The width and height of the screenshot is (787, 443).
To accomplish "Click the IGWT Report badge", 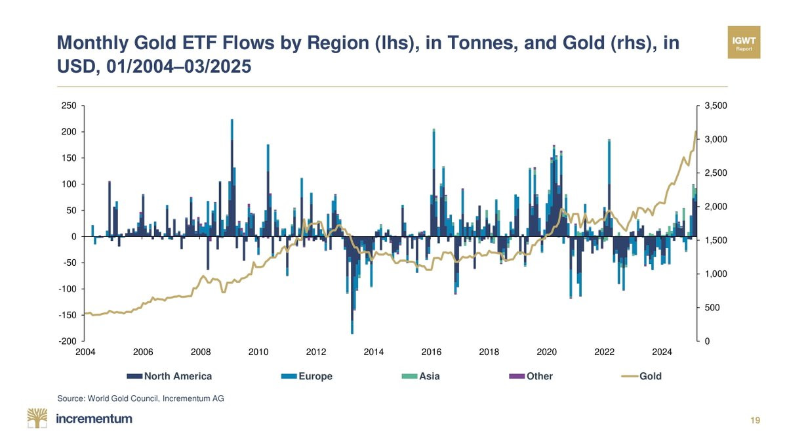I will tap(743, 42).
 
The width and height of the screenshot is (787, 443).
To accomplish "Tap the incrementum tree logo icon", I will tap(38, 419).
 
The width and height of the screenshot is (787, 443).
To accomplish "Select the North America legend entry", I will tap(170, 376).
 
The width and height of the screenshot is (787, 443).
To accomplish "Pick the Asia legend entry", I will tap(420, 376).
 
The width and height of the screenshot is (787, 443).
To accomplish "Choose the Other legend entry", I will tap(531, 376).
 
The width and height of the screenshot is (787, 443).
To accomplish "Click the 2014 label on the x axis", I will tap(374, 352).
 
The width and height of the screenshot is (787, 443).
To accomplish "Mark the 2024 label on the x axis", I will tap(662, 352).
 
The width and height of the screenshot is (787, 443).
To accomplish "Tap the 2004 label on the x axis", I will tap(85, 352).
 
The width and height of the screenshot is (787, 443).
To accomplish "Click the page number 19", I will tap(756, 421).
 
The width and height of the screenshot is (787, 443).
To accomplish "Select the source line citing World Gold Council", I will tap(141, 398).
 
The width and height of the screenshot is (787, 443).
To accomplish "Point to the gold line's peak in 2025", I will tap(695, 132).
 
